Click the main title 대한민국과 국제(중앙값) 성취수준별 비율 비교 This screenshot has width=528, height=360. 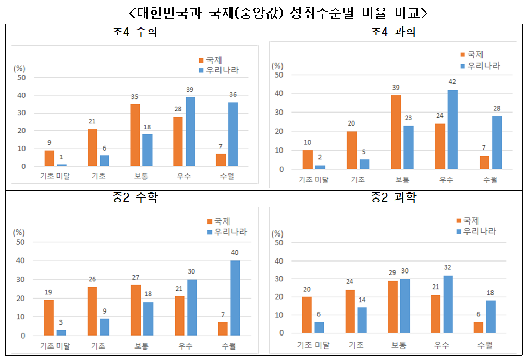point(263,11)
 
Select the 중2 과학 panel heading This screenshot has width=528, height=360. point(394,197)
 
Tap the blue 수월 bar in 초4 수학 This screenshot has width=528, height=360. point(234,134)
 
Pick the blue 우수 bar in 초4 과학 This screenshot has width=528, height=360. point(452,130)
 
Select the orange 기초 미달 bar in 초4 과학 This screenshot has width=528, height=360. point(308,160)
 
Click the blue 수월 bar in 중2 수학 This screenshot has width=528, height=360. point(235,298)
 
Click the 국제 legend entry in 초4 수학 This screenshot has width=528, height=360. point(213,60)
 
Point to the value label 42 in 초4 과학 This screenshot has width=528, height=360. point(452,82)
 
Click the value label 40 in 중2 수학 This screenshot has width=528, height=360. point(235,253)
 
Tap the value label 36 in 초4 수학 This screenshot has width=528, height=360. point(234,94)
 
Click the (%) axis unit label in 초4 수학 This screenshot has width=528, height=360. point(19,68)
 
